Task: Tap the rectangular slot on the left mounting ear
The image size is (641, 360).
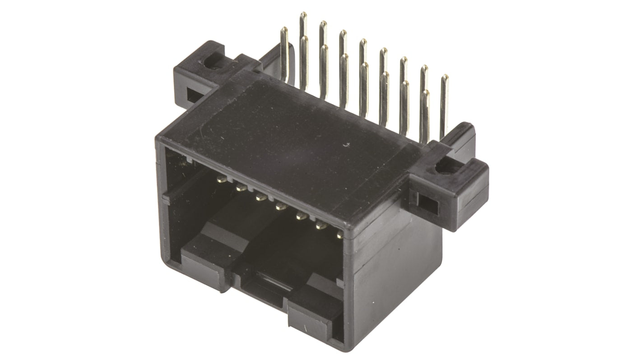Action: [x=193, y=95]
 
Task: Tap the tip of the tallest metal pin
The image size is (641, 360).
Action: [x=303, y=15]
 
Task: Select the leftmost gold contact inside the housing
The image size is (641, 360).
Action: [x=221, y=180]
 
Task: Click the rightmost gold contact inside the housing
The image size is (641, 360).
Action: [x=339, y=235]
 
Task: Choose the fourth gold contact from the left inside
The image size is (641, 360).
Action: [x=280, y=207]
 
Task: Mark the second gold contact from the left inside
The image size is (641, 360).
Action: [x=241, y=188]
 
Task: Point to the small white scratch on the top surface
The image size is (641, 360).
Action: [x=346, y=145]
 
